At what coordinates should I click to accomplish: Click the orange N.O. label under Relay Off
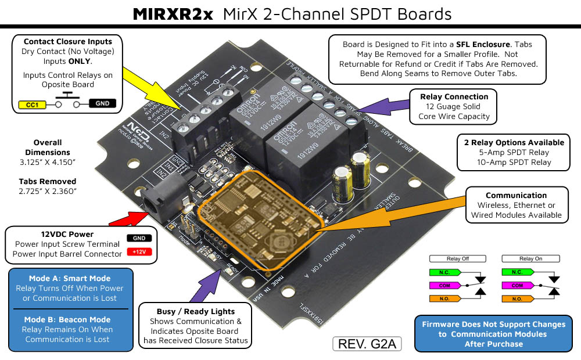point(443,298)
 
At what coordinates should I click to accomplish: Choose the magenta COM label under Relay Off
point(443,285)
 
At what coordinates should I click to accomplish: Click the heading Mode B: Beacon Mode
point(67,319)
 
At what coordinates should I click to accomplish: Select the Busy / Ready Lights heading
point(196,311)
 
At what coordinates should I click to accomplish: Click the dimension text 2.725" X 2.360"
point(48,191)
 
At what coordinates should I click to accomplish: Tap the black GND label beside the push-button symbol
point(102,105)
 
